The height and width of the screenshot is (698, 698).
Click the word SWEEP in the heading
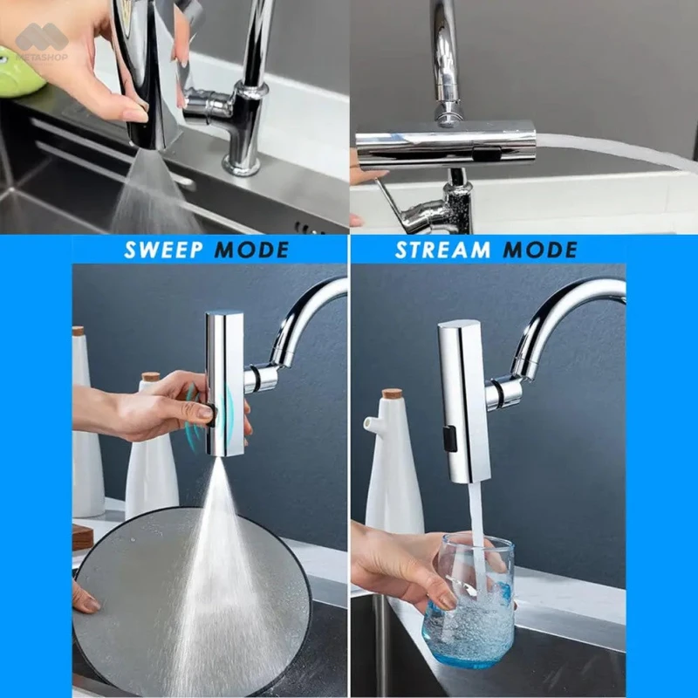click(163, 250)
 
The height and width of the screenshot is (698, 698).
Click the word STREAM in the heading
click(442, 250)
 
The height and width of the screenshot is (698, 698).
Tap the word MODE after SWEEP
click(251, 250)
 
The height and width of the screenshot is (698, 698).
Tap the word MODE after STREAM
click(540, 250)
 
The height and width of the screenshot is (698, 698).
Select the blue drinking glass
click(468, 600)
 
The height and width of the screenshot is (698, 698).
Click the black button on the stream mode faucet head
click(449, 438)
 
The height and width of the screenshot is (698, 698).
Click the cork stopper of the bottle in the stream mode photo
click(392, 394)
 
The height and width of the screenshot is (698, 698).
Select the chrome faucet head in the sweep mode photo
click(224, 384)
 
